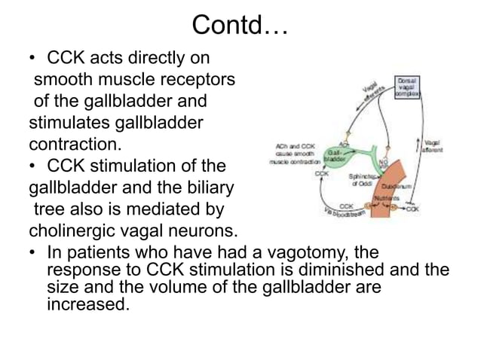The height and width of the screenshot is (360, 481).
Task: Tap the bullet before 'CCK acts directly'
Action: click(x=33, y=57)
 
